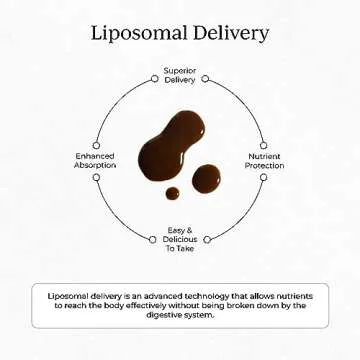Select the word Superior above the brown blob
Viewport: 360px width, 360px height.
(180, 71)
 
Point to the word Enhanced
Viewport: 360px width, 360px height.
(95, 156)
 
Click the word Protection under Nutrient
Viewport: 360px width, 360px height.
(264, 165)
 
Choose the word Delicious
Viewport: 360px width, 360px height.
(180, 240)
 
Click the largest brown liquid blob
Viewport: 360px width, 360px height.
(172, 144)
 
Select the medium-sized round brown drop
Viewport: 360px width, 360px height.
(207, 178)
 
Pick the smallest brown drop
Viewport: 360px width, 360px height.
(173, 193)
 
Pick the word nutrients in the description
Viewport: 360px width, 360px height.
(292, 297)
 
